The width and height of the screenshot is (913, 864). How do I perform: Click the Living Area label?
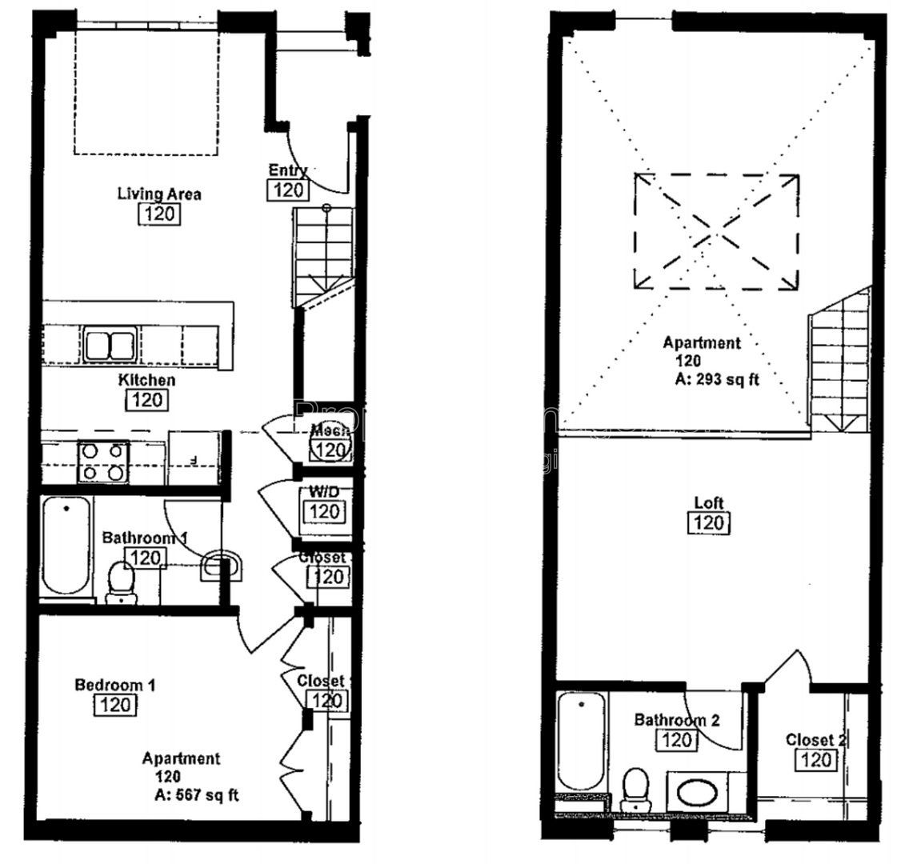(159, 194)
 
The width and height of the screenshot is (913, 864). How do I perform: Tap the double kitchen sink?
(109, 346)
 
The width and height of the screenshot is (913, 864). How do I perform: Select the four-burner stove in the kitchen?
(103, 462)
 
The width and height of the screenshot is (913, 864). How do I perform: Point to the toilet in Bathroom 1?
(121, 581)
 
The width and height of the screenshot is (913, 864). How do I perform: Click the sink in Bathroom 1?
(221, 566)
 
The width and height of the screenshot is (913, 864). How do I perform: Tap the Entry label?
(287, 170)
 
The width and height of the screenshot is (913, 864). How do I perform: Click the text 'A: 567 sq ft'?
(196, 795)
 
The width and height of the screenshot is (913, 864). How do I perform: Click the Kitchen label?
(146, 381)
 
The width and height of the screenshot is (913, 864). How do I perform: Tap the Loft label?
(708, 503)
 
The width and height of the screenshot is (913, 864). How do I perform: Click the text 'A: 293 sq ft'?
(716, 380)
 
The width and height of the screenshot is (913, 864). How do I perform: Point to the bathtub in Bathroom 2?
(580, 741)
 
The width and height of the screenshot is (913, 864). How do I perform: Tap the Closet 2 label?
(815, 739)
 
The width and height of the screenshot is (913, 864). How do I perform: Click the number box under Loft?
(708, 523)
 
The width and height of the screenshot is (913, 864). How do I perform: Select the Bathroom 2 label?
(676, 720)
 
